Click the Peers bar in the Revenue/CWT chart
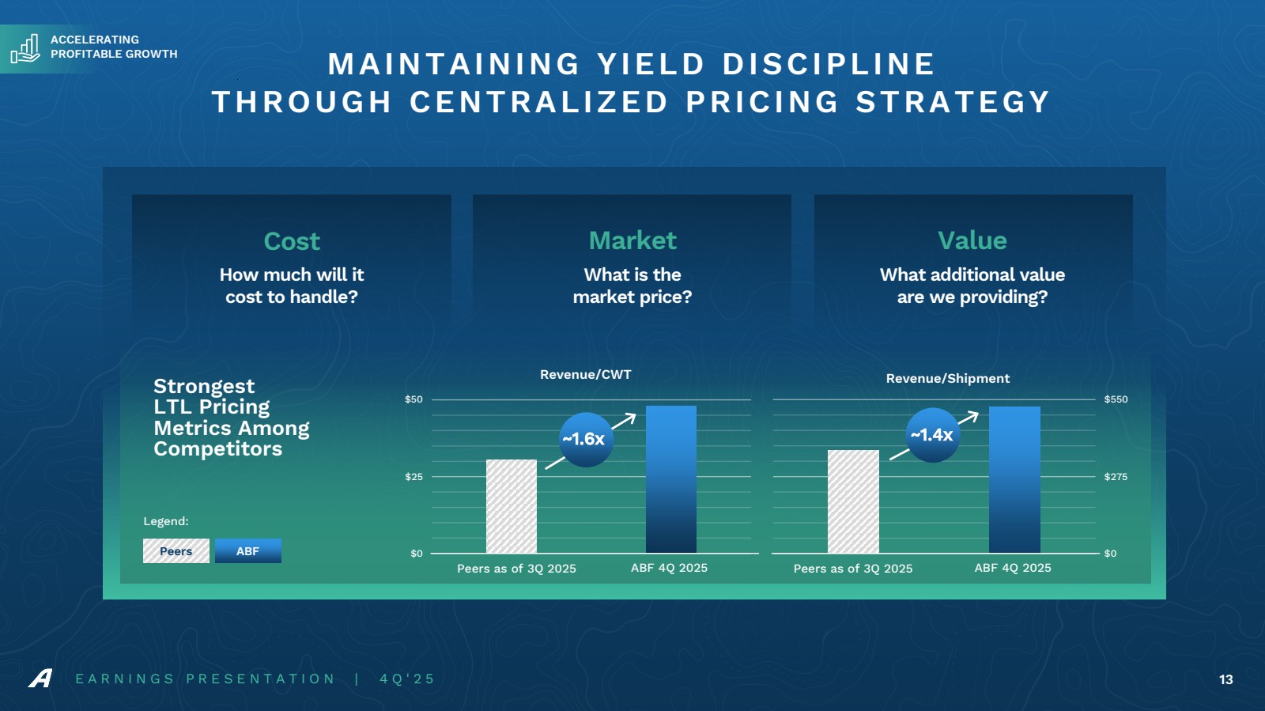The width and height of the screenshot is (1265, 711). [x=511, y=506]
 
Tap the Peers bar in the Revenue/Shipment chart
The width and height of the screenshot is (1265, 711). [x=853, y=501]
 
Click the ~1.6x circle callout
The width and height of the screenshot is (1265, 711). [x=585, y=439]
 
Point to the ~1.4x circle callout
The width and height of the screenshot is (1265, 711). [x=932, y=435]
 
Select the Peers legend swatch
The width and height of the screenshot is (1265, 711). [x=176, y=551]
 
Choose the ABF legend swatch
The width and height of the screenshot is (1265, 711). [x=247, y=551]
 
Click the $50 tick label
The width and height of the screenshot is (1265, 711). [x=413, y=399]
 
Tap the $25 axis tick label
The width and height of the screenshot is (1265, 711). [x=413, y=477]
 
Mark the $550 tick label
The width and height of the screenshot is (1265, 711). [x=1116, y=399]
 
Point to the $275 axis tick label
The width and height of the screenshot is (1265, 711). [x=1116, y=477]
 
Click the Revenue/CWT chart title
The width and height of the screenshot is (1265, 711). [x=585, y=375]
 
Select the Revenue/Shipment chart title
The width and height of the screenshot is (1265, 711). [x=947, y=379]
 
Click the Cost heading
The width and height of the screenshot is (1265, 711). [x=292, y=241]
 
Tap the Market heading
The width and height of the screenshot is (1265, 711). [x=632, y=240]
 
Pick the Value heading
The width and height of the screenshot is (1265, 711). [x=972, y=240]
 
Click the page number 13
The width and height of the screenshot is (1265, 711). [x=1225, y=679]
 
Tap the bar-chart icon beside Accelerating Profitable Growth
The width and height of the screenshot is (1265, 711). [x=25, y=49]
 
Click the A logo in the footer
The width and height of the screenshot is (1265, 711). [x=40, y=679]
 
